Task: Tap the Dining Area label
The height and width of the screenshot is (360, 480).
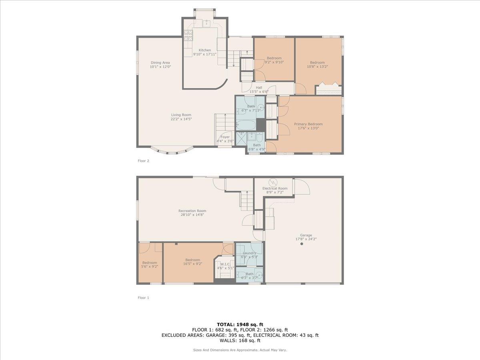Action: point(160,62)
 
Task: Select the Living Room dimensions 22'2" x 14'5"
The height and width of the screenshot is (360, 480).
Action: point(181,119)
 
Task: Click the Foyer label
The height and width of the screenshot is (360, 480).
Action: point(225,137)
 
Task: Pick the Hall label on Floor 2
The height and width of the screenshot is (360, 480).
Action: point(259,88)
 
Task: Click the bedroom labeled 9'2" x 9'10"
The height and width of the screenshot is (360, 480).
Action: point(274,60)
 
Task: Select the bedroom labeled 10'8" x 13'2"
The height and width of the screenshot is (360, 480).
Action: point(317,64)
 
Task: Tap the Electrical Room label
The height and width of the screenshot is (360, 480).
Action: point(275,188)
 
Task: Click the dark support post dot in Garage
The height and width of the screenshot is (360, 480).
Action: point(302,244)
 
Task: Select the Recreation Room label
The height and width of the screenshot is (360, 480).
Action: point(192,211)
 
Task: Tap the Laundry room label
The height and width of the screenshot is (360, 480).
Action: point(250,253)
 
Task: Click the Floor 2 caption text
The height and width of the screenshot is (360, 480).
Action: point(143,161)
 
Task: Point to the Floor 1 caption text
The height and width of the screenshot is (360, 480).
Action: point(143,298)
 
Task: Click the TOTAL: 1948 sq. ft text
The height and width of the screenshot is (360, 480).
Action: point(240,324)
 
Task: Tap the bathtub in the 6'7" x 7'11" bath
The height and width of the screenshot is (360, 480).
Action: point(246,125)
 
